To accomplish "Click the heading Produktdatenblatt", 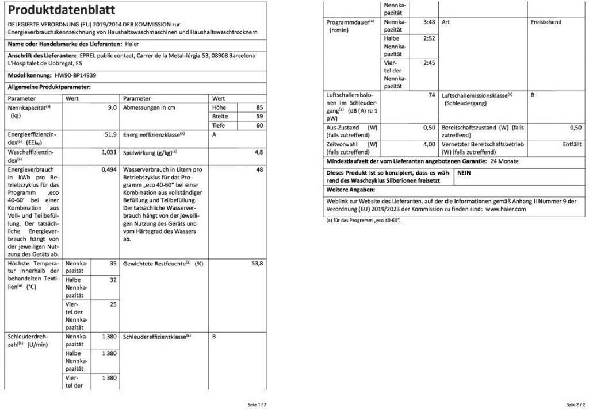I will coord(62,10).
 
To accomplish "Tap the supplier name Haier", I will coord(132,44).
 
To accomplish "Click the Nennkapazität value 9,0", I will coord(112,107).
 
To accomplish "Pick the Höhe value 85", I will coord(259,107).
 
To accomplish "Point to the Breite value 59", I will coord(259,116).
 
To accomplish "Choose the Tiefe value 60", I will coord(259,125).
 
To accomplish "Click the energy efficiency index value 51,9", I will coord(111,134).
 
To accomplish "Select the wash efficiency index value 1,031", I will coord(109,152).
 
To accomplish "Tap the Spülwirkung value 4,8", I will coord(259,152).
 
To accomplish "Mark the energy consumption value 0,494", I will coord(109,170).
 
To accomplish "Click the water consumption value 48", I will coord(259,170).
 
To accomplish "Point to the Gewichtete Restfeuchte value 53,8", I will coord(257,263).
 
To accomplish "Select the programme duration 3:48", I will coord(429,22).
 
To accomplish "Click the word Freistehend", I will coord(546,22).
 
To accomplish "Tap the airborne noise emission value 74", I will coord(431,95).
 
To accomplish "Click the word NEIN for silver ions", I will coord(465,172).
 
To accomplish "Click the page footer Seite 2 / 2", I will coord(576,404).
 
